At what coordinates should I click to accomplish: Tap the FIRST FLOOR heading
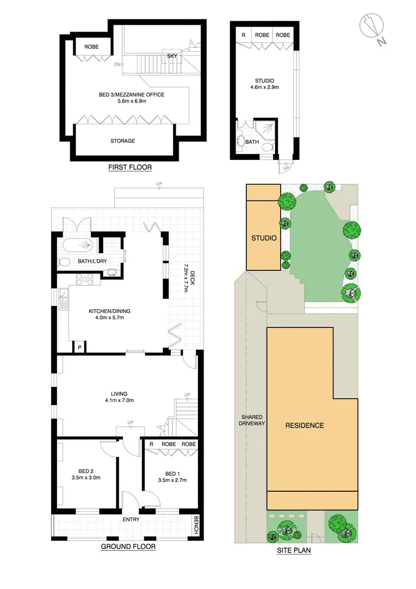pos(130,167)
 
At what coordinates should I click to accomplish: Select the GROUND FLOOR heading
pos(128,547)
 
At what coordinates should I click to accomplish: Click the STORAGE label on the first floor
pos(123,141)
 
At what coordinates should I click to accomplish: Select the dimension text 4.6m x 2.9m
pos(265,87)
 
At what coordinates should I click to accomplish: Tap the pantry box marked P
pos(80,348)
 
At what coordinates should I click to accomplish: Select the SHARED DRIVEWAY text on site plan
pos(252,420)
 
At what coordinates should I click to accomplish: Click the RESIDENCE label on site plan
pos(305,426)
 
